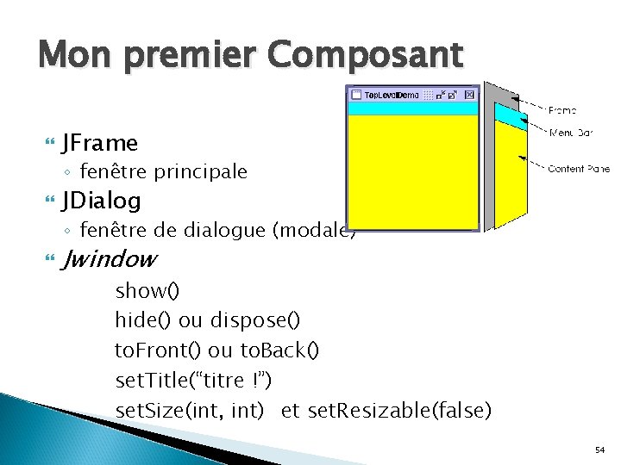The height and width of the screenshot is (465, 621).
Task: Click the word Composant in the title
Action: tap(365, 57)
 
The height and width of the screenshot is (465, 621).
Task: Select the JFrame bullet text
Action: tap(100, 142)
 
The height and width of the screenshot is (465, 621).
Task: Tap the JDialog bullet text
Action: tap(102, 201)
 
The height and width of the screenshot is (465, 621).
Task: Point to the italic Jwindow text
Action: tap(110, 258)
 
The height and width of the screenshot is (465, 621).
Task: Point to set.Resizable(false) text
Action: tap(398, 411)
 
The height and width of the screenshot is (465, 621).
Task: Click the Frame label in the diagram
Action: tap(562, 110)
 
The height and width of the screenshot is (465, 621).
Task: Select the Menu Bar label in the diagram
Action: tap(571, 133)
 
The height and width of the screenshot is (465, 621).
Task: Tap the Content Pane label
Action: tap(579, 169)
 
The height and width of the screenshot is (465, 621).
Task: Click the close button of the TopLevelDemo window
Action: tap(469, 95)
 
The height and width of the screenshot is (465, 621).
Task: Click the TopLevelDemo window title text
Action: tap(392, 95)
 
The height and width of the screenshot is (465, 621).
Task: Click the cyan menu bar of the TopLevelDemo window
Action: tap(412, 108)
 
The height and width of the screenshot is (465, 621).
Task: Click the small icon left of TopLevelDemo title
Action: tap(355, 95)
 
